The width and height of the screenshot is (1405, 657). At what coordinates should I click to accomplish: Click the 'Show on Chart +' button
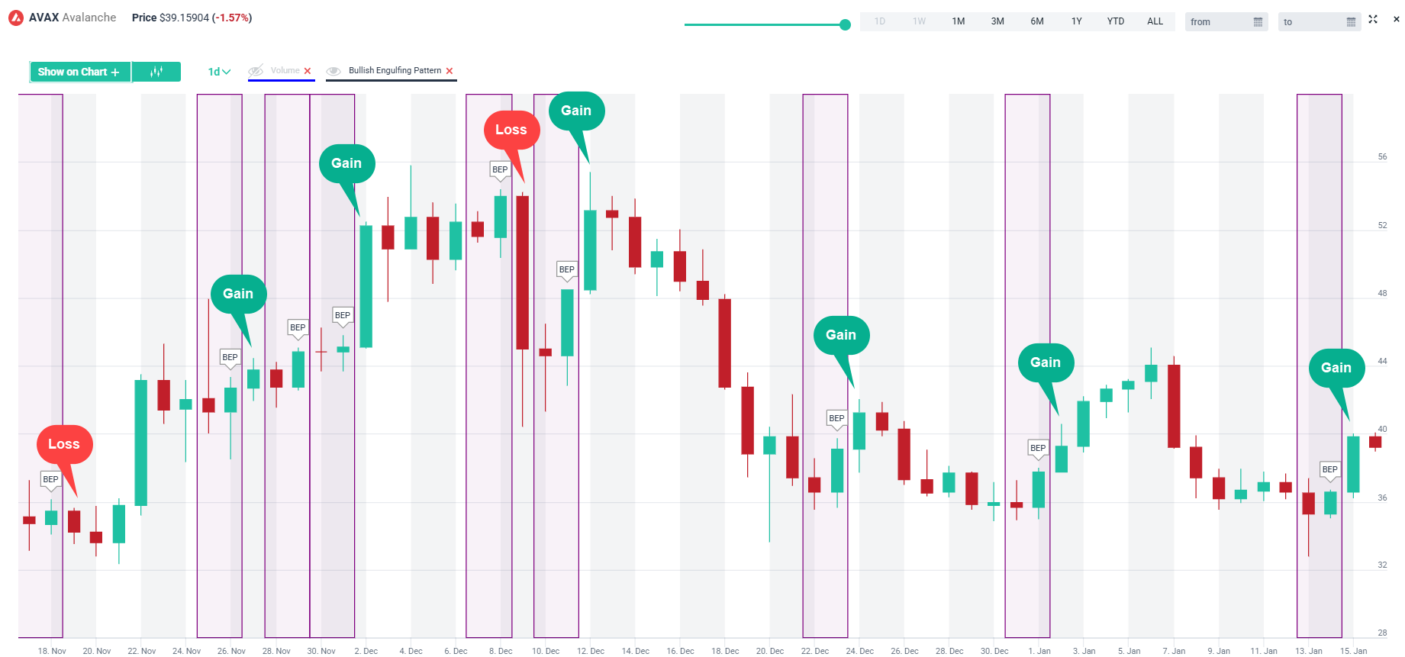pos(79,72)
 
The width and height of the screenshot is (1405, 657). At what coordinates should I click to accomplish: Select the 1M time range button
pos(958,21)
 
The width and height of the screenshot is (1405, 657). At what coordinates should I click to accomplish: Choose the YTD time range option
pos(1115,21)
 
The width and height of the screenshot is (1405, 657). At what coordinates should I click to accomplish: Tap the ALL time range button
pos(1155,21)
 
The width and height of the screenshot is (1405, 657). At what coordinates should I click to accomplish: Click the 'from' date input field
pos(1225,22)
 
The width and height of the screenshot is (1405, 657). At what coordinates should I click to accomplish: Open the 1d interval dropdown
pos(219,72)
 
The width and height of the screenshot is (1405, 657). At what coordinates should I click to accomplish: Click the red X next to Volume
pos(308,71)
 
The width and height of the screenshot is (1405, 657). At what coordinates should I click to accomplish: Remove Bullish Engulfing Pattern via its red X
pos(450,71)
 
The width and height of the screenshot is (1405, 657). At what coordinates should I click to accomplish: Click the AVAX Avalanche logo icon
pos(16,18)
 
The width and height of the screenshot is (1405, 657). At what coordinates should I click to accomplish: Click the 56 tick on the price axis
pos(1382,156)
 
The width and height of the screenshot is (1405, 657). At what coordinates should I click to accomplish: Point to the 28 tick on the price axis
pos(1382,633)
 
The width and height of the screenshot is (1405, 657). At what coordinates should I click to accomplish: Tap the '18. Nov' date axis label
pos(52,651)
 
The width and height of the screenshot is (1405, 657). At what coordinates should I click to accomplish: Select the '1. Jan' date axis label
pos(1039,651)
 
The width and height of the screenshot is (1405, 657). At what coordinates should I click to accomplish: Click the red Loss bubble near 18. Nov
pos(64,444)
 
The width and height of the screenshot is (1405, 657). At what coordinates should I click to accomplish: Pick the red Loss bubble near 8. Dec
pos(511,130)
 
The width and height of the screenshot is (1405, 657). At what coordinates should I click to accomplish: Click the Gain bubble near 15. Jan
pos(1336,368)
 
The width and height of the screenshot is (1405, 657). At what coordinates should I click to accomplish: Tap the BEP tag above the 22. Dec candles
pos(836,418)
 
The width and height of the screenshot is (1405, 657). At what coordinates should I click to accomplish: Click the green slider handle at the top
pos(845,25)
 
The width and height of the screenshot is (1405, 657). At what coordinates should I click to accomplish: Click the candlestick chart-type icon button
pos(156,72)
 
